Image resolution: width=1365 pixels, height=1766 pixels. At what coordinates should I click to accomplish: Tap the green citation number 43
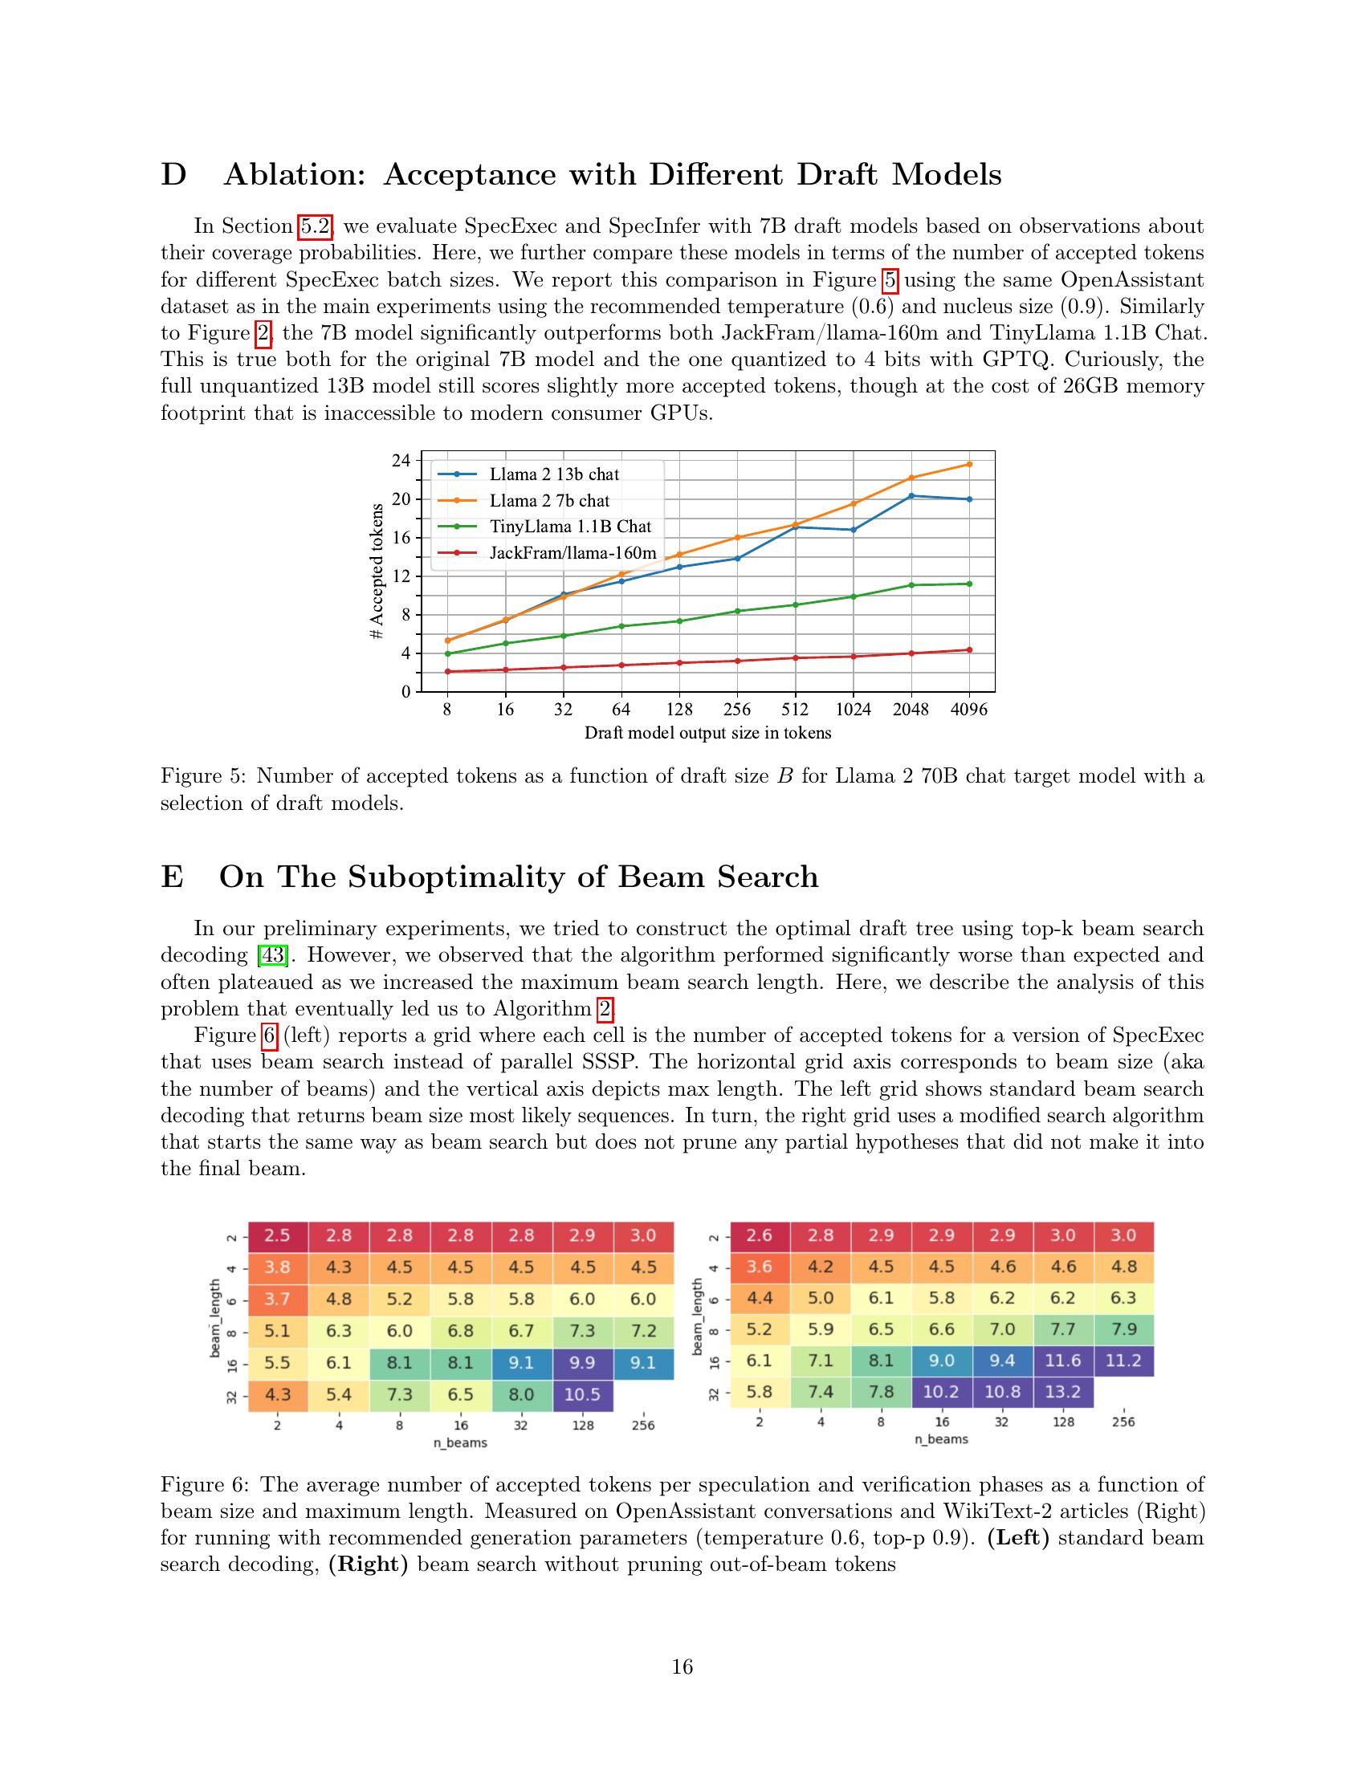pos(271,955)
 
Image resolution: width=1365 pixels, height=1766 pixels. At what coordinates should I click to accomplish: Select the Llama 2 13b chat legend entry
pos(554,474)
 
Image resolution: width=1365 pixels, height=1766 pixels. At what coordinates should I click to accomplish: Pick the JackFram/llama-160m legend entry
pos(572,553)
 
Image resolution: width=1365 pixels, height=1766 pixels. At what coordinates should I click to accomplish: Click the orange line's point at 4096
pos(969,464)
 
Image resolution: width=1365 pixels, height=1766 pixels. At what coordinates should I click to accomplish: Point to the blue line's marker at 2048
pos(911,495)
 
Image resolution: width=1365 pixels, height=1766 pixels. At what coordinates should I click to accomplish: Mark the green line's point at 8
pos(447,653)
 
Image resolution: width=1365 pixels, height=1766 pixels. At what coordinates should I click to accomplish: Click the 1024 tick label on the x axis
pos(853,709)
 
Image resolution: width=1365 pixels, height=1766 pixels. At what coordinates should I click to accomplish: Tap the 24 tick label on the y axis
pos(401,460)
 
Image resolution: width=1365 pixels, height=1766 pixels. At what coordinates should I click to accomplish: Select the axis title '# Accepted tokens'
pos(376,571)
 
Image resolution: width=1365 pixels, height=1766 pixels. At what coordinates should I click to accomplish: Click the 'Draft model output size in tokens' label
pos(707,734)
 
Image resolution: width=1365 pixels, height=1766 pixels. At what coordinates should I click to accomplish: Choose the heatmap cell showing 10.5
pos(582,1394)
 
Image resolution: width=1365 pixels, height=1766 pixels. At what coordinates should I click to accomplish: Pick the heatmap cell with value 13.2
pos(1062,1393)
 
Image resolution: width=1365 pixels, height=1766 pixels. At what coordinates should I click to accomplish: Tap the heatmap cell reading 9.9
pos(582,1362)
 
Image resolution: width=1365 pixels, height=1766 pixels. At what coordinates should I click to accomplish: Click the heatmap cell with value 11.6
pos(1062,1361)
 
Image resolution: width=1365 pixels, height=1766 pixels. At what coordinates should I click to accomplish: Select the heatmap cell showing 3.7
pos(277,1299)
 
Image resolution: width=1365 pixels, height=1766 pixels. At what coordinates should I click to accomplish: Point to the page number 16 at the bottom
pos(682,1666)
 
